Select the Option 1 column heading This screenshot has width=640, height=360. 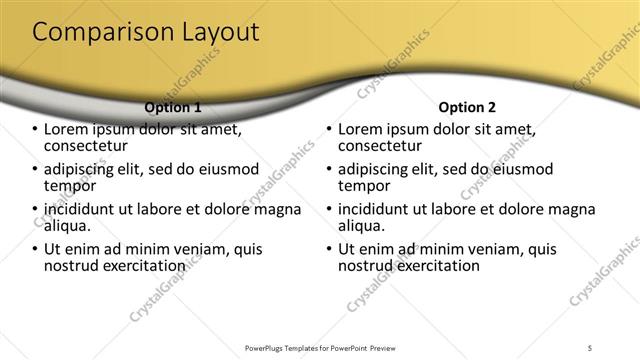[x=173, y=107]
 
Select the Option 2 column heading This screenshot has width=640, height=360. [x=467, y=107]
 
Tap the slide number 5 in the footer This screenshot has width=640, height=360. [x=591, y=347]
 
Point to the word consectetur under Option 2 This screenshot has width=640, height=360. [x=381, y=146]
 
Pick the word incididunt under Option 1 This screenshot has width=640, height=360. [x=86, y=210]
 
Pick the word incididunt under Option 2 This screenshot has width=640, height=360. [x=380, y=210]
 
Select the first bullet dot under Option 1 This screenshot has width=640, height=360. [x=35, y=130]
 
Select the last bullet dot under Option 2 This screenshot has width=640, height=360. [x=329, y=249]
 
